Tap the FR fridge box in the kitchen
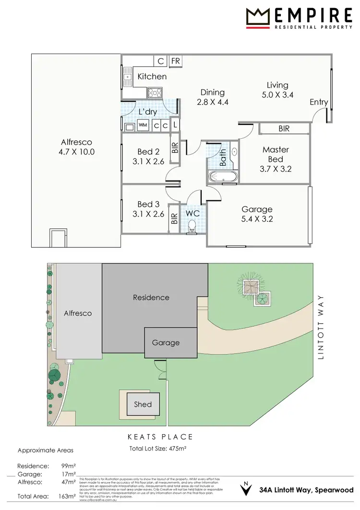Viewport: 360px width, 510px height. tap(175, 61)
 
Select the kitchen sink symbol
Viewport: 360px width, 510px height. tap(128, 77)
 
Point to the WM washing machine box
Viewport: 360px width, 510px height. tap(143, 125)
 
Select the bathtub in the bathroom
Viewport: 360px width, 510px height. tap(222, 177)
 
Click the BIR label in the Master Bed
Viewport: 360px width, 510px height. tap(284, 129)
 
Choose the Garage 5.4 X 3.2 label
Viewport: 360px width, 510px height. tap(257, 214)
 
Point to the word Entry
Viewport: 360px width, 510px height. tap(319, 102)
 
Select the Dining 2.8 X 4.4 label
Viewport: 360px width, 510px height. tap(212, 97)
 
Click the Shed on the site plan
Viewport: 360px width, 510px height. tap(143, 404)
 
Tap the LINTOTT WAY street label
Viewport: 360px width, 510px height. tap(322, 327)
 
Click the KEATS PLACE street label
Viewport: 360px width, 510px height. tap(160, 437)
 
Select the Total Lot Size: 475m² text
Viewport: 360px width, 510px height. tap(158, 449)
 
